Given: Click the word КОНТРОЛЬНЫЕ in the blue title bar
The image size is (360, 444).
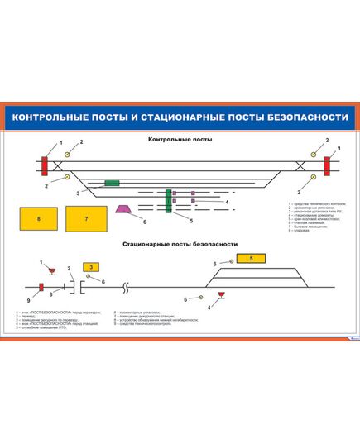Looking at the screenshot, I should coord(50,117).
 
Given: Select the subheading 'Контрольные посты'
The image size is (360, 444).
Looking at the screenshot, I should coord(180,140).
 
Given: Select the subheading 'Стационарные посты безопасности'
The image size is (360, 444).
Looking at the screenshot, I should coord(180,245).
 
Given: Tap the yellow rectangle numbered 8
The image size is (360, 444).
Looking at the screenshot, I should coord(38,218).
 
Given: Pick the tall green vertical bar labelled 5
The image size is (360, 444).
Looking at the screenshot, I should coord(169,201).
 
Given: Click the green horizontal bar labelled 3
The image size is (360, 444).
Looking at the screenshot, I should coord(112,183).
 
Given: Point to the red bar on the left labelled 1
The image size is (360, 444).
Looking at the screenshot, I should coord(43,165).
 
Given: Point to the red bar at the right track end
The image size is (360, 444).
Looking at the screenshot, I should coord(327,165).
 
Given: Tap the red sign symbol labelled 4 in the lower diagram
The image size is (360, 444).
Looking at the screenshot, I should coord(221,294).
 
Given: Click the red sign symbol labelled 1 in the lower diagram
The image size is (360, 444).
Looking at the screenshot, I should coord(51,270).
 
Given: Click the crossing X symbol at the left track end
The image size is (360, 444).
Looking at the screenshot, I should coord(60,165).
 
